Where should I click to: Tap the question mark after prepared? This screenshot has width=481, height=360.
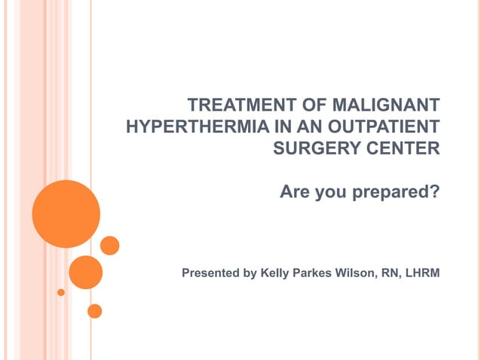click(x=434, y=192)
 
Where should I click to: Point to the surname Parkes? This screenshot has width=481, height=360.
click(x=315, y=273)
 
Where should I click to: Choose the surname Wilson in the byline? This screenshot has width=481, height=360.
click(x=358, y=273)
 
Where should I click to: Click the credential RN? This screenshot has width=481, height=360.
click(x=391, y=273)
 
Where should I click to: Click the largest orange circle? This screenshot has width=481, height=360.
click(x=66, y=214)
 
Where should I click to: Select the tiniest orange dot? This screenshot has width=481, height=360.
click(x=61, y=292)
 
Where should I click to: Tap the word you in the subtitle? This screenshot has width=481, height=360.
click(x=329, y=193)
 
